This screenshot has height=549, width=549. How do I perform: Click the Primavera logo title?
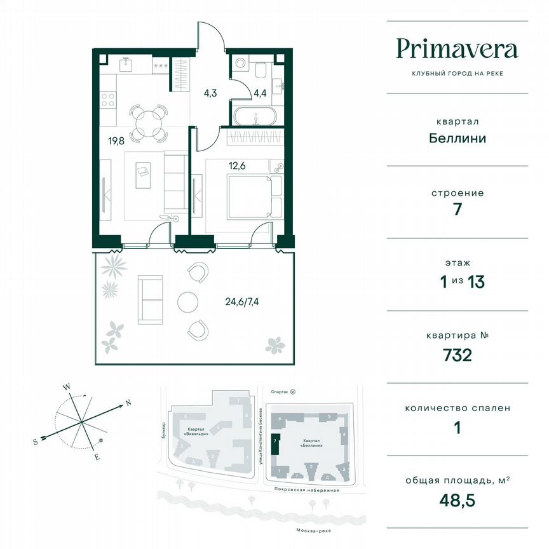[x=457, y=49]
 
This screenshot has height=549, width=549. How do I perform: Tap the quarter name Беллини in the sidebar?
[x=457, y=138]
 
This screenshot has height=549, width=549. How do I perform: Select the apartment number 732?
[x=457, y=355]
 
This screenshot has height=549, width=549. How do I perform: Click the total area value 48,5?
[x=457, y=499]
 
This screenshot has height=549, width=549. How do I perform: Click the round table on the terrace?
[x=189, y=301]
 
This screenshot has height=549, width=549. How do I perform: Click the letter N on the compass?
[x=128, y=402]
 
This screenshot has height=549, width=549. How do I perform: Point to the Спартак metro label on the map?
[x=279, y=393]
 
